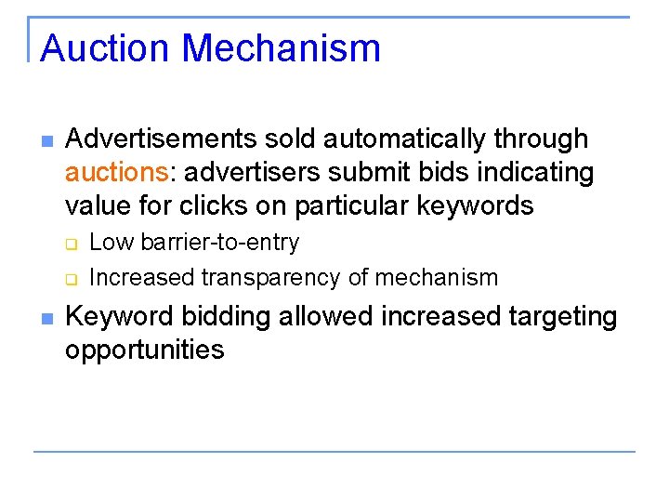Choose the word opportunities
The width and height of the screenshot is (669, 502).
point(145,350)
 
